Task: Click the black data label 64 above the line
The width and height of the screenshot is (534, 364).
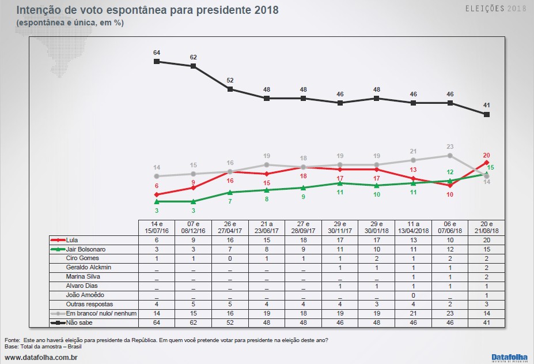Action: (x=157, y=52)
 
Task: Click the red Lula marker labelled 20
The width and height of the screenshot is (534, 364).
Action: (x=487, y=163)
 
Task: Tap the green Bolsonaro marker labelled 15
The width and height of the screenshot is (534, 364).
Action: (x=487, y=174)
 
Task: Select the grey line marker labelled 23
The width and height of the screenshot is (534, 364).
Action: (x=450, y=155)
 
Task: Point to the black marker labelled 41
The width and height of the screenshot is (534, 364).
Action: (x=487, y=115)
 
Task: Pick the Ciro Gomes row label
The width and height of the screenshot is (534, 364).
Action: (x=82, y=258)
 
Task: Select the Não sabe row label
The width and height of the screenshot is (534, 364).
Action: (x=79, y=322)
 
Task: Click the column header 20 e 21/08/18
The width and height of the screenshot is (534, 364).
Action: (x=487, y=227)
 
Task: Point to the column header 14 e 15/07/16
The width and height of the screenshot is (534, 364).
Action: (x=157, y=227)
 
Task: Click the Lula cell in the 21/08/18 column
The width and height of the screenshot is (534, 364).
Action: (x=487, y=239)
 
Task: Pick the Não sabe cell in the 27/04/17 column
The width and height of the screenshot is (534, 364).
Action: (x=230, y=322)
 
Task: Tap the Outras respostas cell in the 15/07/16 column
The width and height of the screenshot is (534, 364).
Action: (x=157, y=304)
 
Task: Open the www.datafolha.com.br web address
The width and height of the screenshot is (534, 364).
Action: (x=41, y=358)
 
